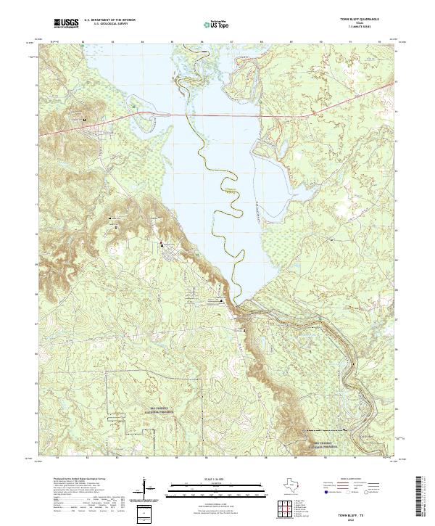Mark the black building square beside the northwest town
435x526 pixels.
tap(85, 119)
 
